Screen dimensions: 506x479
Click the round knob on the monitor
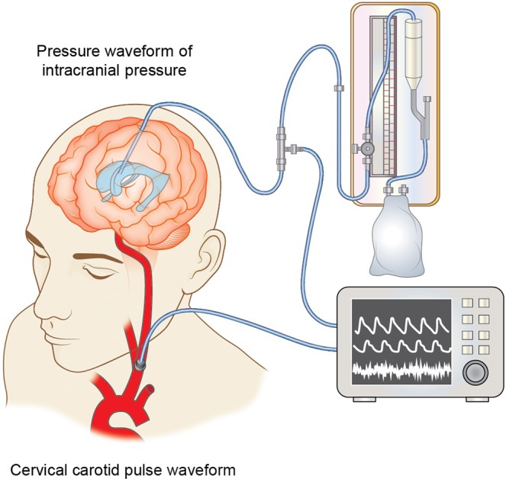click(x=475, y=372)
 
